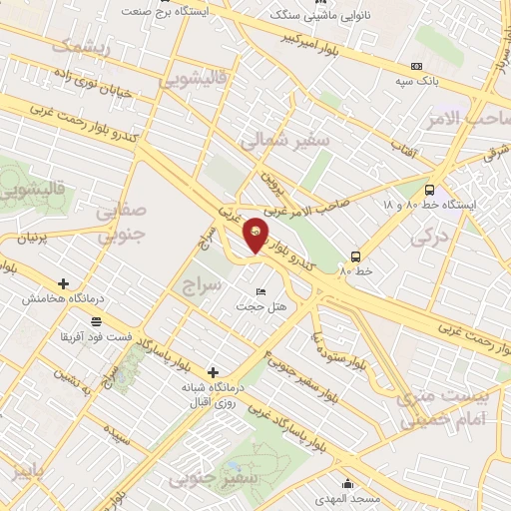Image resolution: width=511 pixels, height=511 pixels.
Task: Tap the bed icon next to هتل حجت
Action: point(261,291)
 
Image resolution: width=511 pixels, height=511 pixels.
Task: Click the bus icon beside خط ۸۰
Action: point(356,255)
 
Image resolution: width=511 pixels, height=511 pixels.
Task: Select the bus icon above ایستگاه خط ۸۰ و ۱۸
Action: point(429,190)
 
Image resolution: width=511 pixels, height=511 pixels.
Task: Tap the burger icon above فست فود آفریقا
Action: point(96,321)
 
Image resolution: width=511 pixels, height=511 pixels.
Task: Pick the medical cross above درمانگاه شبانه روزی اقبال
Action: point(212,371)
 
